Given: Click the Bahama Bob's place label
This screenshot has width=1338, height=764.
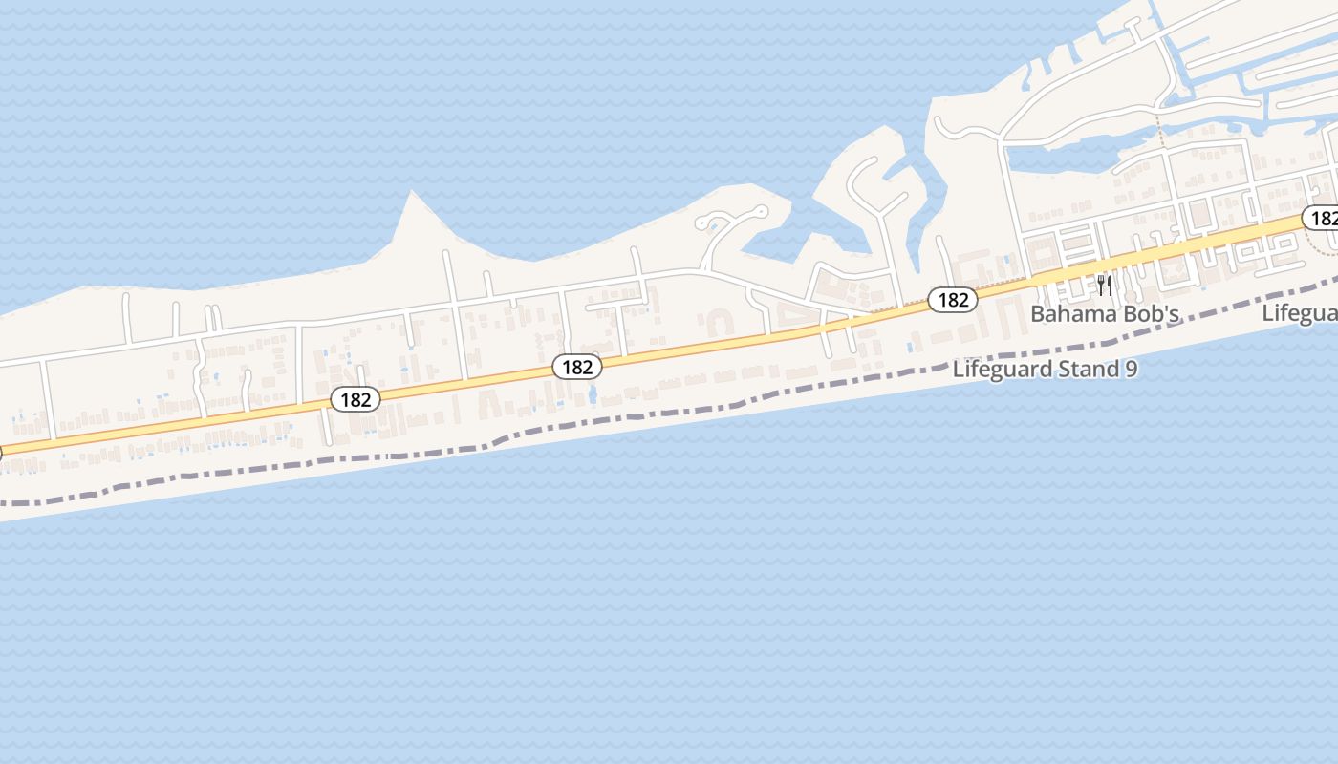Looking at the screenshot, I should click(x=1105, y=313).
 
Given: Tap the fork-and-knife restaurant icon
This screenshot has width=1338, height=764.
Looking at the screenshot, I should click(x=1105, y=286).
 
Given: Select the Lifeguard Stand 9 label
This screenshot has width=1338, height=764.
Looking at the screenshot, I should click(x=1045, y=369).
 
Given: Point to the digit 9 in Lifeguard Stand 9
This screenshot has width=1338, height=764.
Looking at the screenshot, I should click(x=1132, y=369).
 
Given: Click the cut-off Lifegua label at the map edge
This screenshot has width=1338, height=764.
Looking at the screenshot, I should click(x=1300, y=312).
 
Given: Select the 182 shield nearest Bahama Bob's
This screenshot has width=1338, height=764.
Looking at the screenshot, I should click(x=953, y=300).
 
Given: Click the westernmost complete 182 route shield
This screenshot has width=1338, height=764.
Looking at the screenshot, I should click(x=356, y=399).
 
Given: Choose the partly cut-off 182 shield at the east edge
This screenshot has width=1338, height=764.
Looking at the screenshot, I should click(x=1322, y=219).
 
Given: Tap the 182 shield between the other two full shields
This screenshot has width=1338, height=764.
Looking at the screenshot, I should click(x=577, y=366).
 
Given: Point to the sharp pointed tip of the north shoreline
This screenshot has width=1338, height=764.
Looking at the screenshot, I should click(x=413, y=193).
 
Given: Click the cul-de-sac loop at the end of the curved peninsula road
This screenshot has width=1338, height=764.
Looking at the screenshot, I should click(x=761, y=210).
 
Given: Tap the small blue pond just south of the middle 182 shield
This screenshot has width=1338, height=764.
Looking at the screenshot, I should click(x=593, y=393).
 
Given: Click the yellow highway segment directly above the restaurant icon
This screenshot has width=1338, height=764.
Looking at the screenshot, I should click(x=1105, y=263).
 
